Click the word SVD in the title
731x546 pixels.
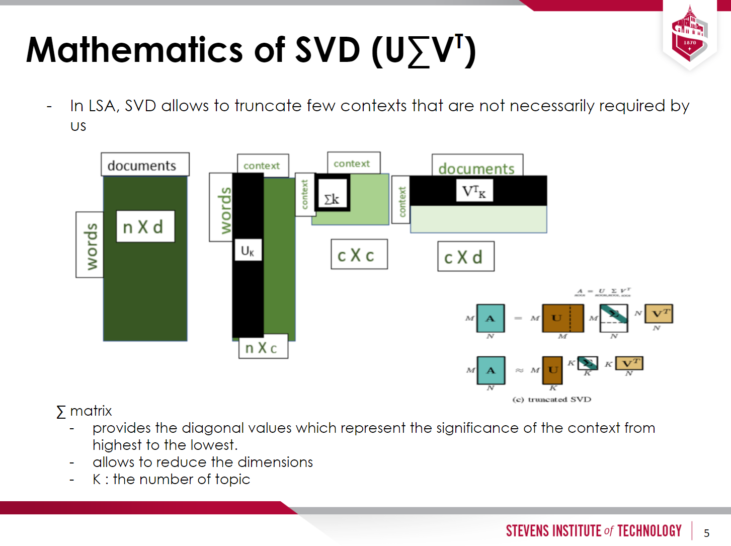click(x=328, y=50)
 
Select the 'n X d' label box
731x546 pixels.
click(x=145, y=227)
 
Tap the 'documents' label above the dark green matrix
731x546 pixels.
click(x=144, y=165)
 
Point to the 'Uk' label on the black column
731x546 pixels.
click(x=248, y=250)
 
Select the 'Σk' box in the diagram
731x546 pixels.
click(x=332, y=197)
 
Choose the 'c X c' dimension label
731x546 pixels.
click(x=359, y=255)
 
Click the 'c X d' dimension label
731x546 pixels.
click(x=465, y=257)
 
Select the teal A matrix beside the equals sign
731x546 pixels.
click(x=490, y=319)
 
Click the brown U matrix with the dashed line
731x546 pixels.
click(x=562, y=318)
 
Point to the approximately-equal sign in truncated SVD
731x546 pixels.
click(x=519, y=370)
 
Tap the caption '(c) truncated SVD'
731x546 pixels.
click(x=551, y=400)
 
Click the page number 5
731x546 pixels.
click(x=706, y=533)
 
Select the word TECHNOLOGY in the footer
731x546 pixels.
click(x=649, y=531)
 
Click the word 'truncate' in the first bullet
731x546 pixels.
click(x=268, y=106)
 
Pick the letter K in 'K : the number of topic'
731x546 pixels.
click(x=97, y=479)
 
